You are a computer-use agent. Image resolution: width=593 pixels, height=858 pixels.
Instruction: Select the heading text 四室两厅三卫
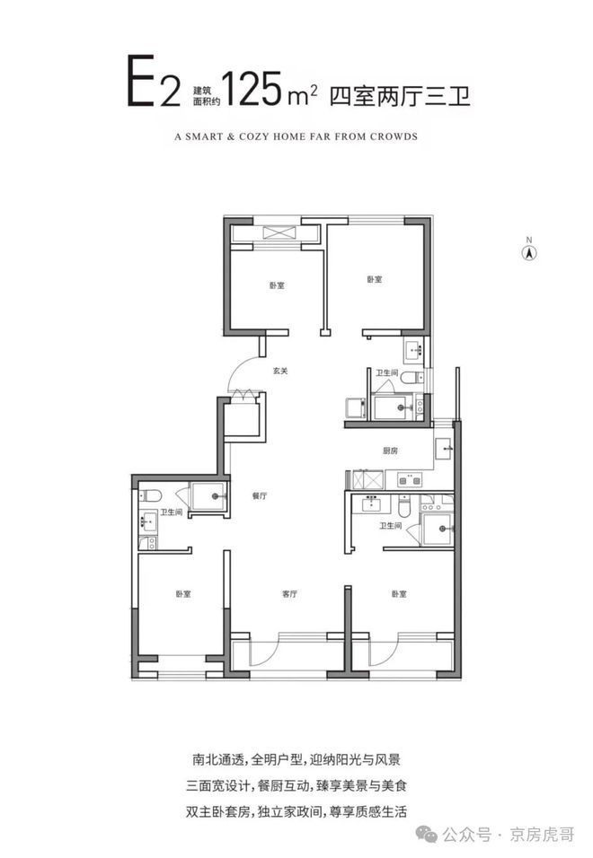pyautogui.click(x=400, y=96)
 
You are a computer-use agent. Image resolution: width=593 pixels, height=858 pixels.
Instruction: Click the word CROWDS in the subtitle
pyautogui.click(x=394, y=136)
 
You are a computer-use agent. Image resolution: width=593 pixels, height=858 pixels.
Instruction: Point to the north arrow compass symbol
pyautogui.click(x=529, y=252)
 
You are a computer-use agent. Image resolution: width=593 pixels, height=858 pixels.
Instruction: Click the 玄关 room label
pyautogui.click(x=280, y=371)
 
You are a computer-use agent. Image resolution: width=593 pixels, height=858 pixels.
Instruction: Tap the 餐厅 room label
pyautogui.click(x=260, y=495)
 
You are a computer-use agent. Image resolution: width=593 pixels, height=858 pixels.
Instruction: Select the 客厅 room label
pyautogui.click(x=289, y=594)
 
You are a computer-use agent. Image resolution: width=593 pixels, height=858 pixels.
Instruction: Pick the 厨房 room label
pyautogui.click(x=391, y=451)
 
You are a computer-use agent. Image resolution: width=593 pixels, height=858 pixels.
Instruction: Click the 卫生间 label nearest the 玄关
pyautogui.click(x=386, y=372)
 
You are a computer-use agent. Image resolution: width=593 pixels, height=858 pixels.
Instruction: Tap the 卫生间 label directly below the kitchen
pyautogui.click(x=391, y=525)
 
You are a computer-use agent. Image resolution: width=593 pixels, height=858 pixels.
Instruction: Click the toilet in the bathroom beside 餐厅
pyautogui.click(x=150, y=495)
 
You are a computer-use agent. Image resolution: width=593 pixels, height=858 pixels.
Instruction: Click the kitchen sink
pyautogui.click(x=443, y=449)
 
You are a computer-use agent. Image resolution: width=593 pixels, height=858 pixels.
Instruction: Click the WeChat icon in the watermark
pyautogui.click(x=427, y=834)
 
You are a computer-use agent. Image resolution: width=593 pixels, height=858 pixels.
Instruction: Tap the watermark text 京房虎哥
pyautogui.click(x=542, y=835)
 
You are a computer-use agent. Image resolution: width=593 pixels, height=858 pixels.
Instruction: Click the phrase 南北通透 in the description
pyautogui.click(x=218, y=759)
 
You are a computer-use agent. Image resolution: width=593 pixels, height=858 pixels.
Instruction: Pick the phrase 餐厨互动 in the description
pyautogui.click(x=283, y=786)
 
